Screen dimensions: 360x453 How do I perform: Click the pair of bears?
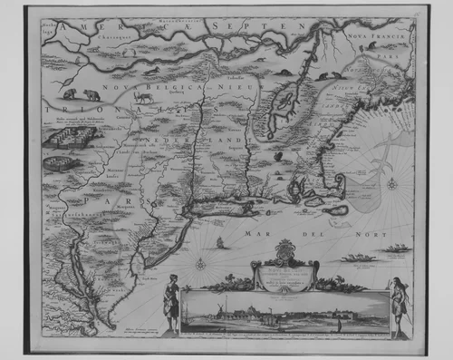pos(81,93)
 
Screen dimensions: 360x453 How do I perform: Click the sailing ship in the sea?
pos(220,243)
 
